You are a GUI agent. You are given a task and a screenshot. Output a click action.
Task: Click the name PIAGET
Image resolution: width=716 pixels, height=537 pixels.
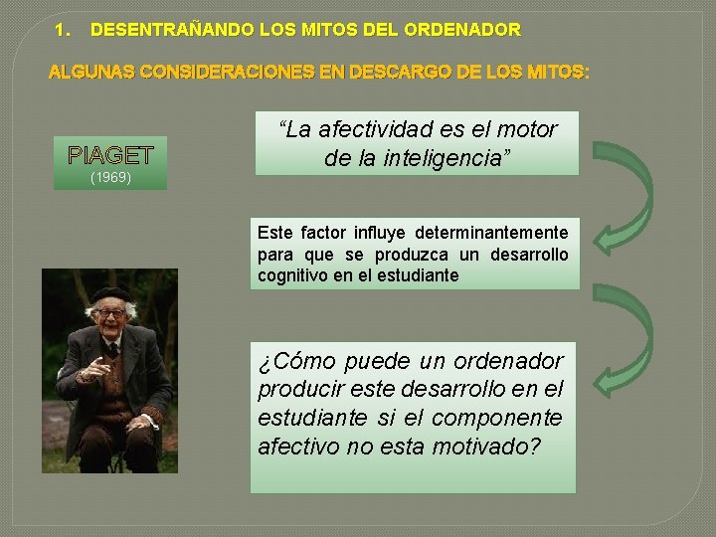coord(109,156)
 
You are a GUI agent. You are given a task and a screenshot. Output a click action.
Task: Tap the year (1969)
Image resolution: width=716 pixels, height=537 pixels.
coord(109,178)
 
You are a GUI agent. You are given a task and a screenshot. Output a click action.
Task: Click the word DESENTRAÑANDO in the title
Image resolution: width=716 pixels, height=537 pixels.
coord(158,31)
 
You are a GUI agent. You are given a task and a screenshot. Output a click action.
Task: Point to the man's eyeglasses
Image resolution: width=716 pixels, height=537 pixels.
coord(110,313)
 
